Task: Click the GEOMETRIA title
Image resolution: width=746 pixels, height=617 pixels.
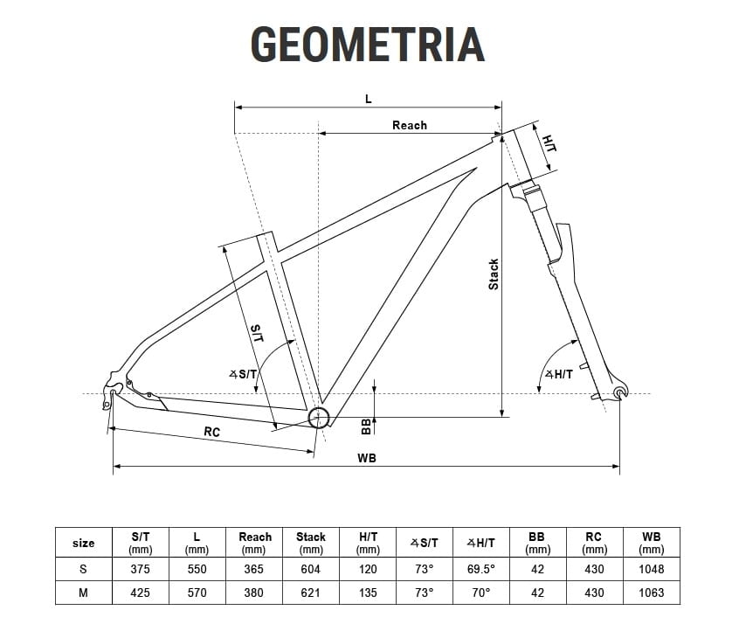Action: pyautogui.click(x=367, y=45)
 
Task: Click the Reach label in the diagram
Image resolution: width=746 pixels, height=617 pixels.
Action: pyautogui.click(x=410, y=125)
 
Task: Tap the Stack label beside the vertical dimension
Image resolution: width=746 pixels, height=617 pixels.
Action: pyautogui.click(x=494, y=274)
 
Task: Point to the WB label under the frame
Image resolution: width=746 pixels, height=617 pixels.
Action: pyautogui.click(x=367, y=458)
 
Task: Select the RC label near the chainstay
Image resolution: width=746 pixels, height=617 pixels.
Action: pyautogui.click(x=212, y=432)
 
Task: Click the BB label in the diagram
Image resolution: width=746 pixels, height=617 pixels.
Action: pyautogui.click(x=366, y=426)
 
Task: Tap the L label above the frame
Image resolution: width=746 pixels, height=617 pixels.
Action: pyautogui.click(x=369, y=99)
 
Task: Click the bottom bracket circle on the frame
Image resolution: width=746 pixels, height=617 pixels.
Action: pyautogui.click(x=319, y=418)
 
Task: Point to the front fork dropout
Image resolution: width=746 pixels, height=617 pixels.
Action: pyautogui.click(x=620, y=392)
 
